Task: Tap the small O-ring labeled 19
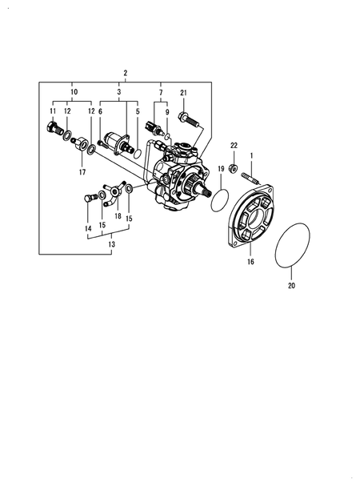pyautogui.click(x=222, y=198)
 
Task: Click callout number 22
pyautogui.click(x=234, y=145)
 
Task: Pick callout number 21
pyautogui.click(x=183, y=94)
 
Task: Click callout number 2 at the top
pyautogui.click(x=126, y=73)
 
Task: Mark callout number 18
pyautogui.click(x=117, y=216)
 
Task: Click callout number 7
pyautogui.click(x=160, y=94)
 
